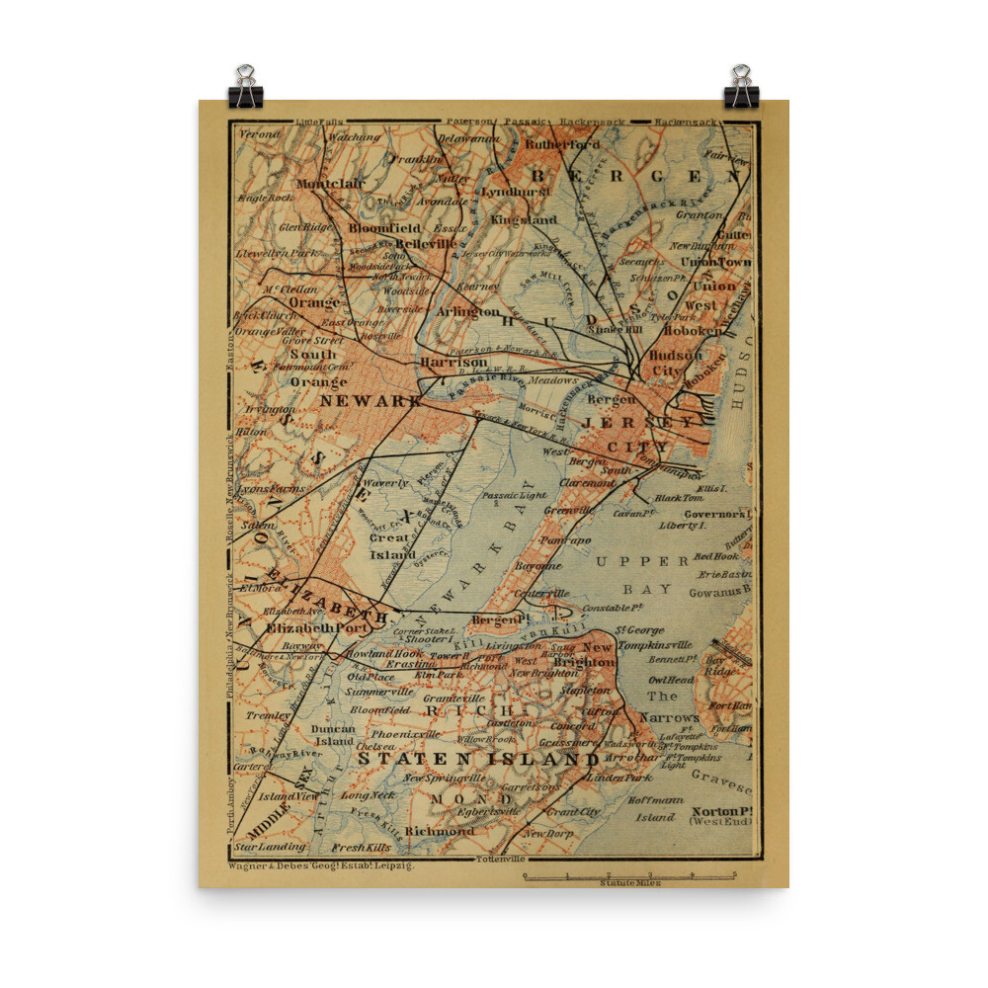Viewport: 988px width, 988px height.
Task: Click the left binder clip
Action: pyautogui.click(x=245, y=87)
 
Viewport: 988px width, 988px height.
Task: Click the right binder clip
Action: pyautogui.click(x=741, y=87)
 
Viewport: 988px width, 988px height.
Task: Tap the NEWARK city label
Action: pyautogui.click(x=370, y=401)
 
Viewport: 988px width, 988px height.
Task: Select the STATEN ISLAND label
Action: pyautogui.click(x=478, y=759)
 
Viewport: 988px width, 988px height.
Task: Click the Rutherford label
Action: pyautogui.click(x=562, y=144)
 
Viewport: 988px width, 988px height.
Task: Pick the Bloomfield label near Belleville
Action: pyautogui.click(x=384, y=228)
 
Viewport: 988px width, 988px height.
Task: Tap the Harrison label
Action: pyautogui.click(x=453, y=363)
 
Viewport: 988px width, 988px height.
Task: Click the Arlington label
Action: pyautogui.click(x=469, y=311)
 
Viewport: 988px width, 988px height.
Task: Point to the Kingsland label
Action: pyautogui.click(x=524, y=219)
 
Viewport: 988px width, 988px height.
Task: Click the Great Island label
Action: pyautogui.click(x=392, y=546)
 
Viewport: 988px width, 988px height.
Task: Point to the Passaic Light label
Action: pyautogui.click(x=514, y=494)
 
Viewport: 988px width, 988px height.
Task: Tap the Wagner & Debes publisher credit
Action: pyautogui.click(x=320, y=864)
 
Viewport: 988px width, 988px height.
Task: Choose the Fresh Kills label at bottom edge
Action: pyautogui.click(x=362, y=848)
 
